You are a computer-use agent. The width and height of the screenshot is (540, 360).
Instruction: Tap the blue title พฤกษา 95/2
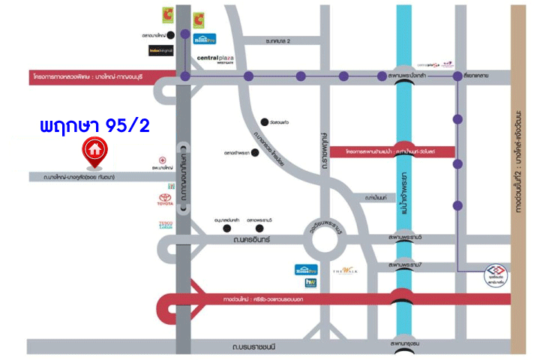tap(94, 124)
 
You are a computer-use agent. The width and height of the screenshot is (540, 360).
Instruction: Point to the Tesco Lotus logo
tap(166, 225)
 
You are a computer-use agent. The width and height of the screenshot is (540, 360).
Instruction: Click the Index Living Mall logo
tap(161, 50)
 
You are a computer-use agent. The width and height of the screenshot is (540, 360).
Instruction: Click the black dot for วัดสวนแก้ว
tap(264, 121)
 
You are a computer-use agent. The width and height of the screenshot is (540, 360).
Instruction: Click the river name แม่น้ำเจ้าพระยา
tap(403, 196)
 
